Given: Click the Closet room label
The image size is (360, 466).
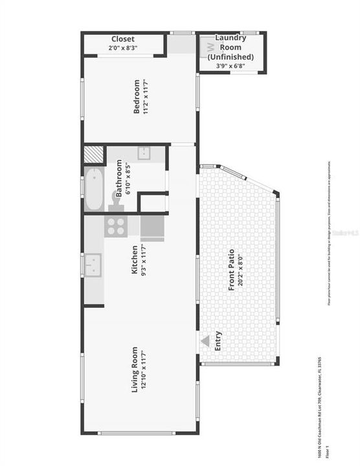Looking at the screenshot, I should click(122, 39).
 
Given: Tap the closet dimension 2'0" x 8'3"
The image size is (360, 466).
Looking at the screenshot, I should click(122, 48).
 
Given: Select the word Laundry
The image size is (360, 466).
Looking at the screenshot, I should click(231, 38).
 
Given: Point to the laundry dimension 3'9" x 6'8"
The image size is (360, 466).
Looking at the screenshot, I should click(231, 65).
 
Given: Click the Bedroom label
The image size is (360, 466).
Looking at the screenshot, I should click(137, 96).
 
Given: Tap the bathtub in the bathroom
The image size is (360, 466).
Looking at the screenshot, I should click(94, 189).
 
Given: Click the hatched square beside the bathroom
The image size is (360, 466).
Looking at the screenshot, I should click(95, 155).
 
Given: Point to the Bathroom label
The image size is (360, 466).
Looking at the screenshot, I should click(119, 178).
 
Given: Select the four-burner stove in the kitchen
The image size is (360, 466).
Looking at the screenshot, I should click(117, 226).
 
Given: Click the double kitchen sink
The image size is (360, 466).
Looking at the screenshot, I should click(93, 265).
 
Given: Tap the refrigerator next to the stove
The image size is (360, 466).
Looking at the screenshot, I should click(152, 228).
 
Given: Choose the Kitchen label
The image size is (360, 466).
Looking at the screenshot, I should click(135, 260).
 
